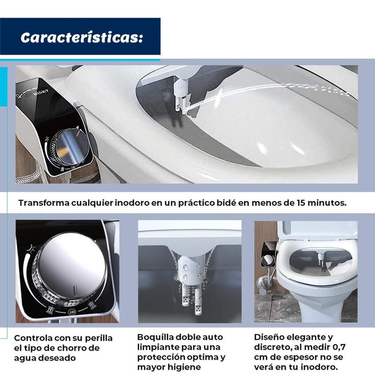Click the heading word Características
coord(82,37)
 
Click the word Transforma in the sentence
coord(44,203)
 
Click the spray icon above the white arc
coord(31,248)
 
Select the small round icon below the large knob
coord(72,311)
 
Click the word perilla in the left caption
coord(99,338)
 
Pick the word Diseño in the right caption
coord(270,337)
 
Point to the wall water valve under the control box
coord(263,283)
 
